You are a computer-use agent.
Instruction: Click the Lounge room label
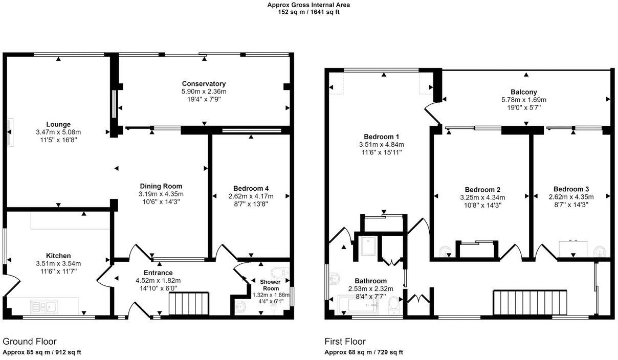click(x=58, y=124)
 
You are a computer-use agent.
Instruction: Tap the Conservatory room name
click(x=204, y=83)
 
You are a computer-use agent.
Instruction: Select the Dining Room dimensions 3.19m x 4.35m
click(x=161, y=194)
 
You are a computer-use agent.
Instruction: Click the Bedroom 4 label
click(x=251, y=188)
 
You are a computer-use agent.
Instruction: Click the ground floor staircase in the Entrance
click(x=189, y=304)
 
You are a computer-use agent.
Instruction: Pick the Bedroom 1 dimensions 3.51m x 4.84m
click(x=382, y=145)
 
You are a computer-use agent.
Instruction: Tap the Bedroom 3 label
click(x=571, y=189)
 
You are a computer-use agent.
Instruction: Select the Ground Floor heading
click(x=30, y=341)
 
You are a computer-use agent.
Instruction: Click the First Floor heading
click(x=345, y=341)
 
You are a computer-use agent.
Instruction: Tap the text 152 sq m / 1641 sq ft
click(x=308, y=12)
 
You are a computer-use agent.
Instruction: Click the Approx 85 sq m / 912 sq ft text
click(x=42, y=352)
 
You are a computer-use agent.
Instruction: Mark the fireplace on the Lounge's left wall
click(x=10, y=131)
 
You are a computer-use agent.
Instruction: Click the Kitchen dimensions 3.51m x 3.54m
click(x=58, y=263)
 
